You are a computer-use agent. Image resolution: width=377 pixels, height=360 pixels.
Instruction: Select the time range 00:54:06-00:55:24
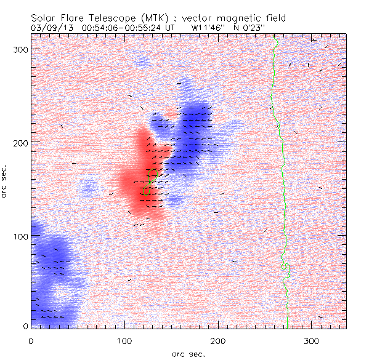128,28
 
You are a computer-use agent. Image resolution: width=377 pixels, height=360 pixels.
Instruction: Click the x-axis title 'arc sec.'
187,354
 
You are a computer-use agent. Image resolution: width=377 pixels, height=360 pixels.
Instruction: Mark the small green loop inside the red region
148,182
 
